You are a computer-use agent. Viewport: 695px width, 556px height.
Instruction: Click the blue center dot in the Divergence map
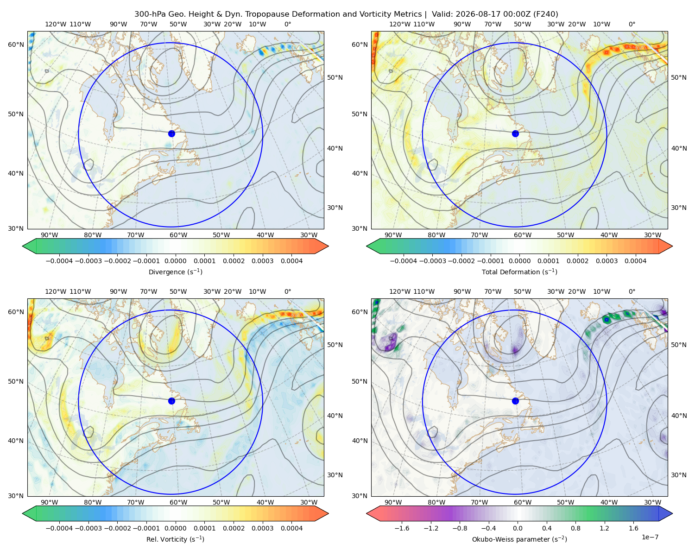171,133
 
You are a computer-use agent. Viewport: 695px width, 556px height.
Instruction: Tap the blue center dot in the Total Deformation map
515,133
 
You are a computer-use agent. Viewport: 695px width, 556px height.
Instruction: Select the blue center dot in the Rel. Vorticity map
171,401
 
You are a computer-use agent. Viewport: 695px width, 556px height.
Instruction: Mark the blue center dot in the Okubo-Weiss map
515,401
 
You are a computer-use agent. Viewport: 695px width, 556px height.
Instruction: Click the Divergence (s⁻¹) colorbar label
175,272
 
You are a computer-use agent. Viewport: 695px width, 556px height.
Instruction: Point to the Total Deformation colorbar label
519,272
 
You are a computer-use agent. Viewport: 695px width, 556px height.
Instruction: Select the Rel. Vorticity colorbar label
175,539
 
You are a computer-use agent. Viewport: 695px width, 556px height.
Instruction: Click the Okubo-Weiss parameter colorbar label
519,539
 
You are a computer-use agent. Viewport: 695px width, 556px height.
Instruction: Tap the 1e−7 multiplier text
650,537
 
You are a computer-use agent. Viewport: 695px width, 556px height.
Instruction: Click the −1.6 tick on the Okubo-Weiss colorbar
402,528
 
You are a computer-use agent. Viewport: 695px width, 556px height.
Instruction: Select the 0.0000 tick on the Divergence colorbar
175,261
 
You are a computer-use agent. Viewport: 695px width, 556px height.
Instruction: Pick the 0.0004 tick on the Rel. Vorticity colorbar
291,528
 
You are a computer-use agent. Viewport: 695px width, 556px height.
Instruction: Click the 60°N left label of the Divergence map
16,44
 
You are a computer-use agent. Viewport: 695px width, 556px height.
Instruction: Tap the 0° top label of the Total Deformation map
632,24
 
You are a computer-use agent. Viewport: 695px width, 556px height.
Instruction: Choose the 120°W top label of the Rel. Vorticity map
56,291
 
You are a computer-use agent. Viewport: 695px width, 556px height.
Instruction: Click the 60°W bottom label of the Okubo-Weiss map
523,502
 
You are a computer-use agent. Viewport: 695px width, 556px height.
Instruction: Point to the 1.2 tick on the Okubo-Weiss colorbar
604,528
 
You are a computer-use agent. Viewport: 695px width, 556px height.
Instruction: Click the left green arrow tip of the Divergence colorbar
23,246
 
